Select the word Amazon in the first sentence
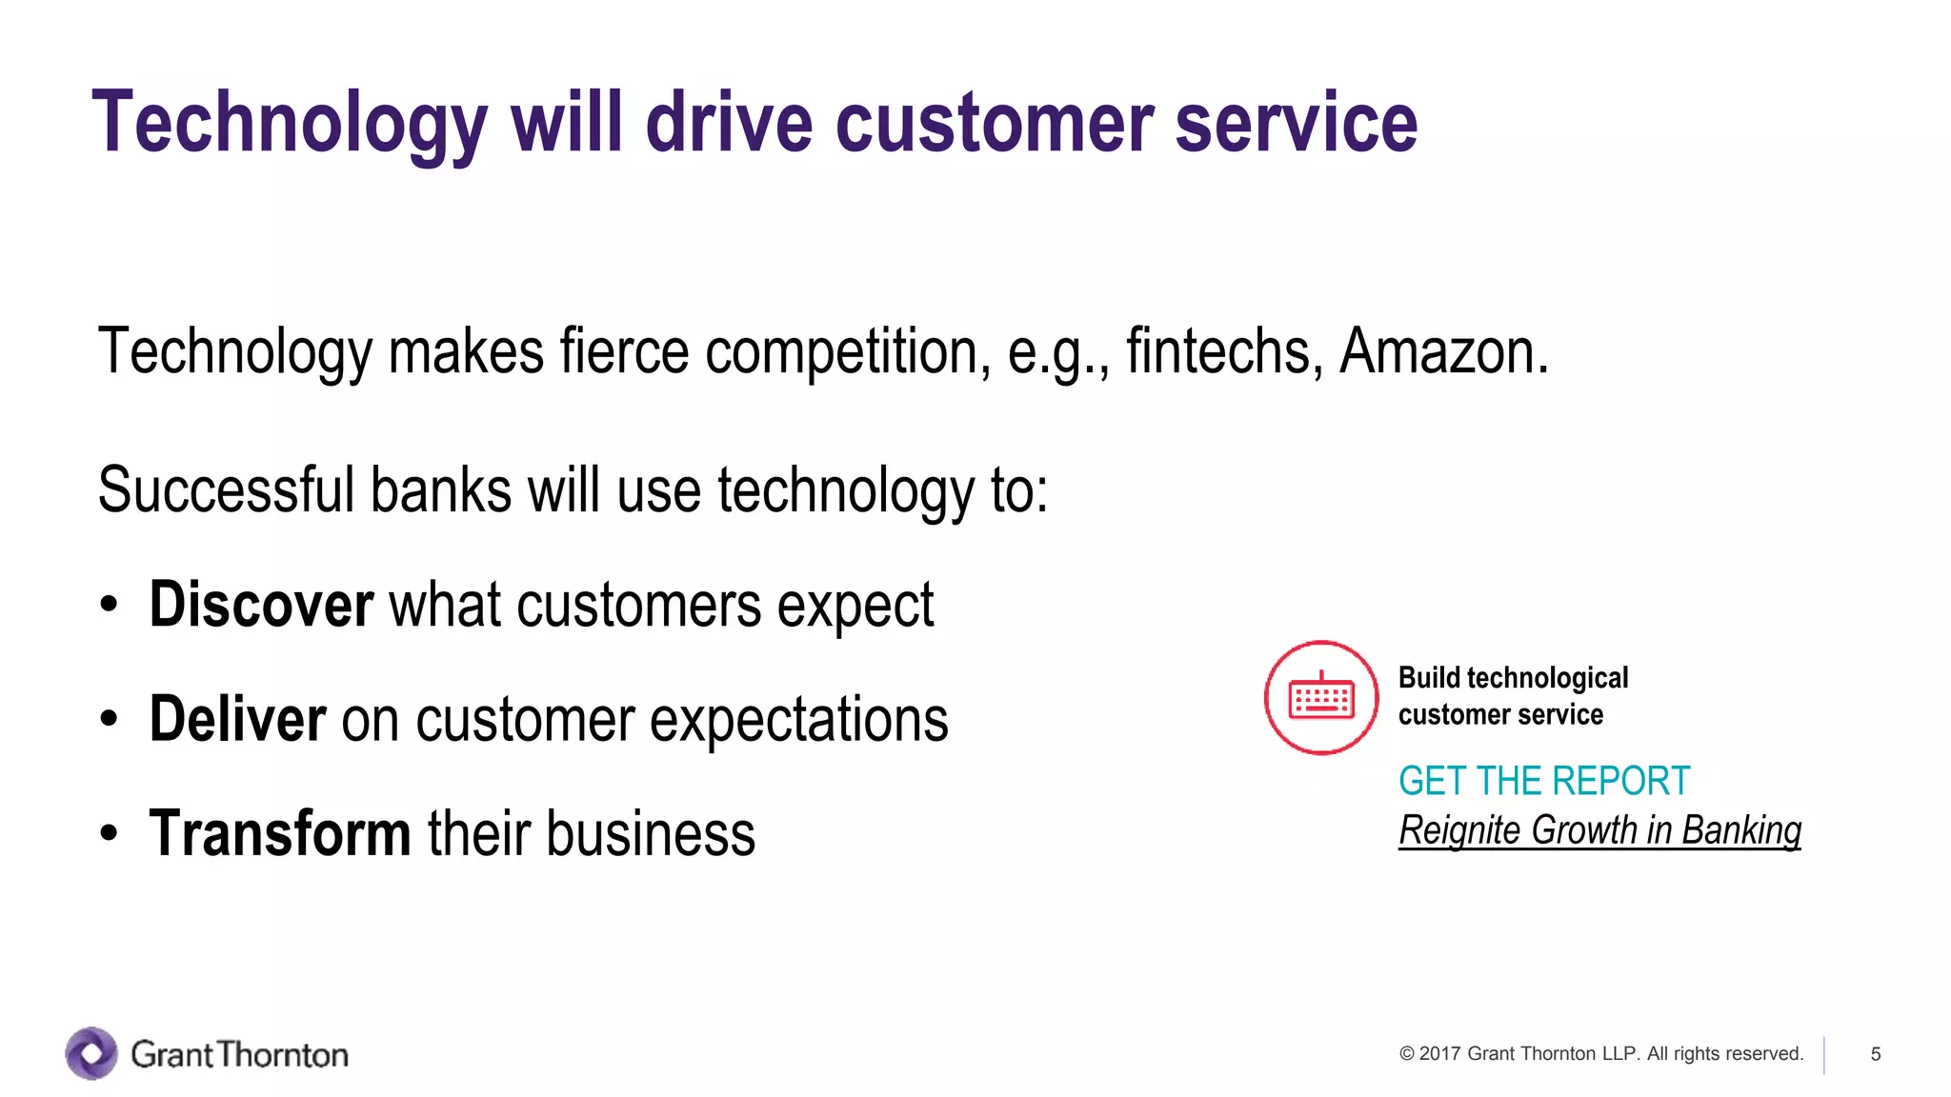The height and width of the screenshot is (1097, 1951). coord(1442,352)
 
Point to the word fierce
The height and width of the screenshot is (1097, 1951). coord(624,352)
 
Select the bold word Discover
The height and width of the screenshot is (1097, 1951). coord(261,605)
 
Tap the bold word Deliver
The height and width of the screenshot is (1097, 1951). coord(238,719)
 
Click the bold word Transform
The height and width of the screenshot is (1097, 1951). coord(280,833)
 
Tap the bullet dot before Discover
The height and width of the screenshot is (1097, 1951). coord(110,606)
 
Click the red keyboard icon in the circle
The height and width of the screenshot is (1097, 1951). coord(1320,698)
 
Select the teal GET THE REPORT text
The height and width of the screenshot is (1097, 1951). coord(1543,781)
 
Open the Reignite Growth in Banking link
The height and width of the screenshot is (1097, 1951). coord(1599,830)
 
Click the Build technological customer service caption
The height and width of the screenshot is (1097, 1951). coord(1513,696)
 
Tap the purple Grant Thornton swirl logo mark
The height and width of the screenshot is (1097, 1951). coord(91,1053)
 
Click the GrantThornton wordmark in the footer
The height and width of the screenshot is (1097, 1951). coord(239,1055)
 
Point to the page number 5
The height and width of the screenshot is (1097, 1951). coord(1875,1054)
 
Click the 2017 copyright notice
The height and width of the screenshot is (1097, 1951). coord(1600,1054)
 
